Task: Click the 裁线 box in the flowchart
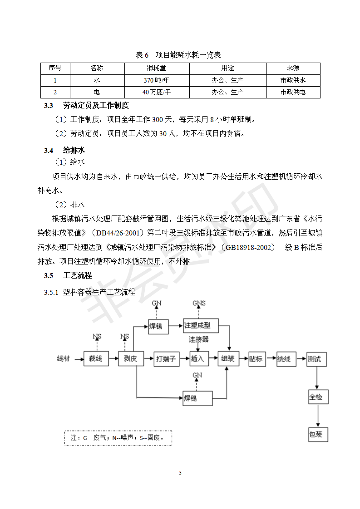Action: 95,359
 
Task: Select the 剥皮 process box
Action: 131,359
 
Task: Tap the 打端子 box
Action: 165,359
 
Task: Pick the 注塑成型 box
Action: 200,325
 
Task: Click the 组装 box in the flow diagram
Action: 228,359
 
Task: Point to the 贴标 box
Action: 256,359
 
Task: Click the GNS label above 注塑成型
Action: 199,303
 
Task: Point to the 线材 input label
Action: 63,359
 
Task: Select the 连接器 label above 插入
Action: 199,339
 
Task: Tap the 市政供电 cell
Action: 293,92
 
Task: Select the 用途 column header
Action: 227,69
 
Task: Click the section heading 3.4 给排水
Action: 64,150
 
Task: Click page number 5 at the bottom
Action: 180,473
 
